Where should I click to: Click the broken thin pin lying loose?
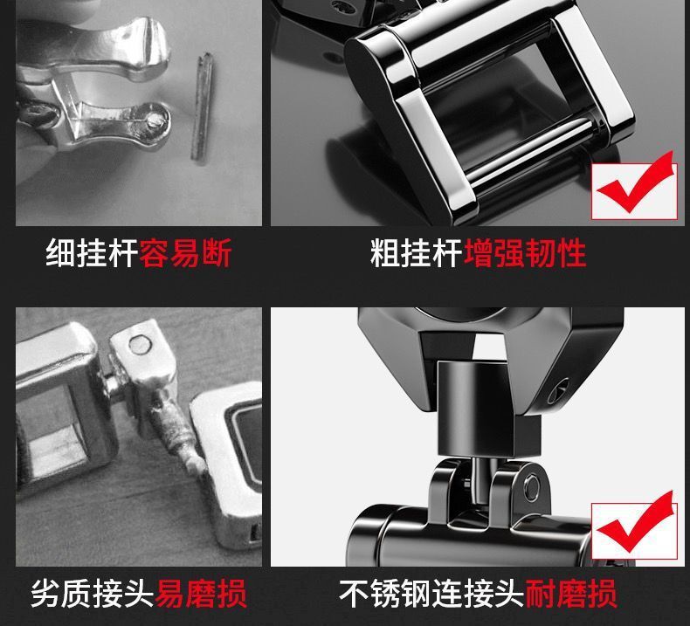coord(203,107)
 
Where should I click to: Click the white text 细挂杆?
coord(92,253)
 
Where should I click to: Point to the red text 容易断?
coord(185,253)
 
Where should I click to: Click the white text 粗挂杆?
coord(417,253)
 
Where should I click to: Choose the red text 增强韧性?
coord(525,253)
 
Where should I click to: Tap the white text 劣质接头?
coord(93,594)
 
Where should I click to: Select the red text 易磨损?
coord(201,594)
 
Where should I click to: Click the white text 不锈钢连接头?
coord(432,594)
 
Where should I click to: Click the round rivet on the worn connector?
coord(140,345)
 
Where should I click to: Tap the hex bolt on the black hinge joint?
coord(531,486)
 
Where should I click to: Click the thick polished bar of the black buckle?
coord(528,150)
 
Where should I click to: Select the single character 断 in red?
coord(217,253)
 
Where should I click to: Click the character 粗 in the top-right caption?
coord(385,253)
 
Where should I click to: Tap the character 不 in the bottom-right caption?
coord(355,594)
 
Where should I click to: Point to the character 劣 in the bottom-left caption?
coord(46,594)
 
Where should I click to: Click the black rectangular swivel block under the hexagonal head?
coord(488,409)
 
